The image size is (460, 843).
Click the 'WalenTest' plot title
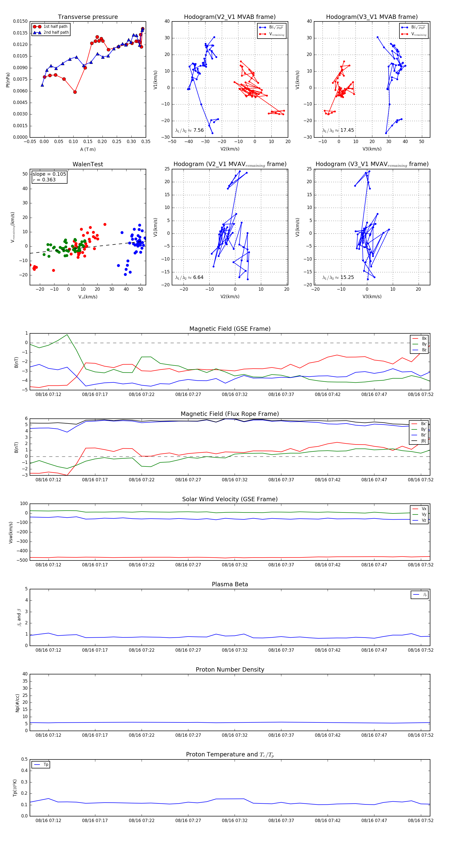[x=88, y=164]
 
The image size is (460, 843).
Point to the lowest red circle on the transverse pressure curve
[x=75, y=92]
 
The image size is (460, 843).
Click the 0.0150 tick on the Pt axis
[x=20, y=21]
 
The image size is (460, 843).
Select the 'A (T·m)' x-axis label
[x=88, y=149]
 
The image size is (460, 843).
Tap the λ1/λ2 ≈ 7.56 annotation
[x=190, y=130]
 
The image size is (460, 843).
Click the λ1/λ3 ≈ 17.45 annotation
[x=338, y=130]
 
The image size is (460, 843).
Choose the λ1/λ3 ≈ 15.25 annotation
[x=338, y=277]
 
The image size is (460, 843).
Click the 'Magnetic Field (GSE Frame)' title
[x=230, y=329]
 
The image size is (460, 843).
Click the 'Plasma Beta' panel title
[x=230, y=584]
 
